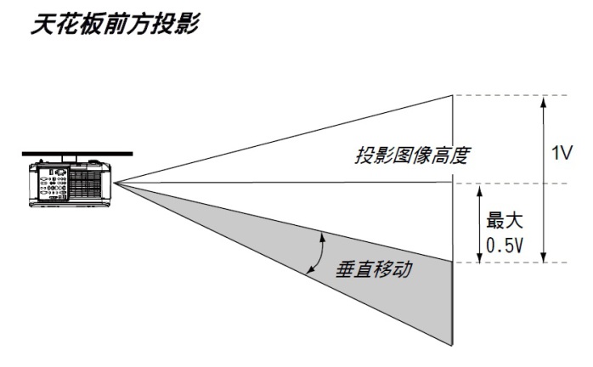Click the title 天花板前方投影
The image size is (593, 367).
pos(115,25)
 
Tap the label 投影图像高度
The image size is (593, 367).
pos(411,155)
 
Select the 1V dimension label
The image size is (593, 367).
pos(562,153)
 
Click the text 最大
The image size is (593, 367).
pos(504,220)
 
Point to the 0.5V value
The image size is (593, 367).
pos(505,246)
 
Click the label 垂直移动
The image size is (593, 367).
pos(374,269)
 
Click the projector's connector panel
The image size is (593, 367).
pos(53,183)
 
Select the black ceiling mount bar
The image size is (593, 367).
pos(77,154)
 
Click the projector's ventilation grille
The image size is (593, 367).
pos(86,184)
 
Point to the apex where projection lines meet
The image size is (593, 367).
pos(114,183)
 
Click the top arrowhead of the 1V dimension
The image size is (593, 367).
pos(544,101)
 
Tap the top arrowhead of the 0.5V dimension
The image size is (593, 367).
pos(479,190)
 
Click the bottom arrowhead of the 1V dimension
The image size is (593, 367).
pos(544,257)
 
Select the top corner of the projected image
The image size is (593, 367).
pos(453,95)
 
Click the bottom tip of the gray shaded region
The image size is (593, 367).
pos(452,345)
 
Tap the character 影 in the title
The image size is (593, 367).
pos(188,25)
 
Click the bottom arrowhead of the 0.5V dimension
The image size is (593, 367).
pos(479,257)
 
